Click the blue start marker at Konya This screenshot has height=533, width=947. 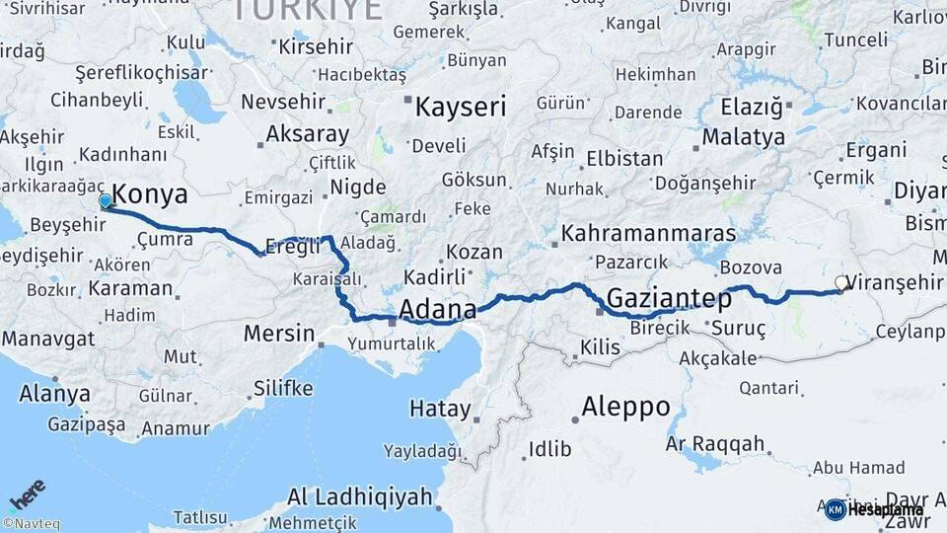(106, 201)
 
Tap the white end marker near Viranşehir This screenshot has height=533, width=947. (841, 283)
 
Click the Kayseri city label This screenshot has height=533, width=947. (460, 107)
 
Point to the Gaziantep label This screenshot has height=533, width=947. (669, 297)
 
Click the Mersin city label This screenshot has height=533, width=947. (278, 333)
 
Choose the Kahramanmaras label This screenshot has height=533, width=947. (648, 233)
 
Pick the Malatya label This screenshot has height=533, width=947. (743, 136)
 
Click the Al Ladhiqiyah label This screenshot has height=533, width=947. (360, 496)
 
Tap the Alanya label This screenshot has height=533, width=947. (54, 394)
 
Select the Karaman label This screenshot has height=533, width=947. (130, 289)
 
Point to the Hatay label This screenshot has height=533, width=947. (440, 408)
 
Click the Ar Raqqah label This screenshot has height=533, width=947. (715, 444)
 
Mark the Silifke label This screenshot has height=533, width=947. (282, 387)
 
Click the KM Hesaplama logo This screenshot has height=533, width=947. (874, 509)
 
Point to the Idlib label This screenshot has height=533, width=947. (549, 449)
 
